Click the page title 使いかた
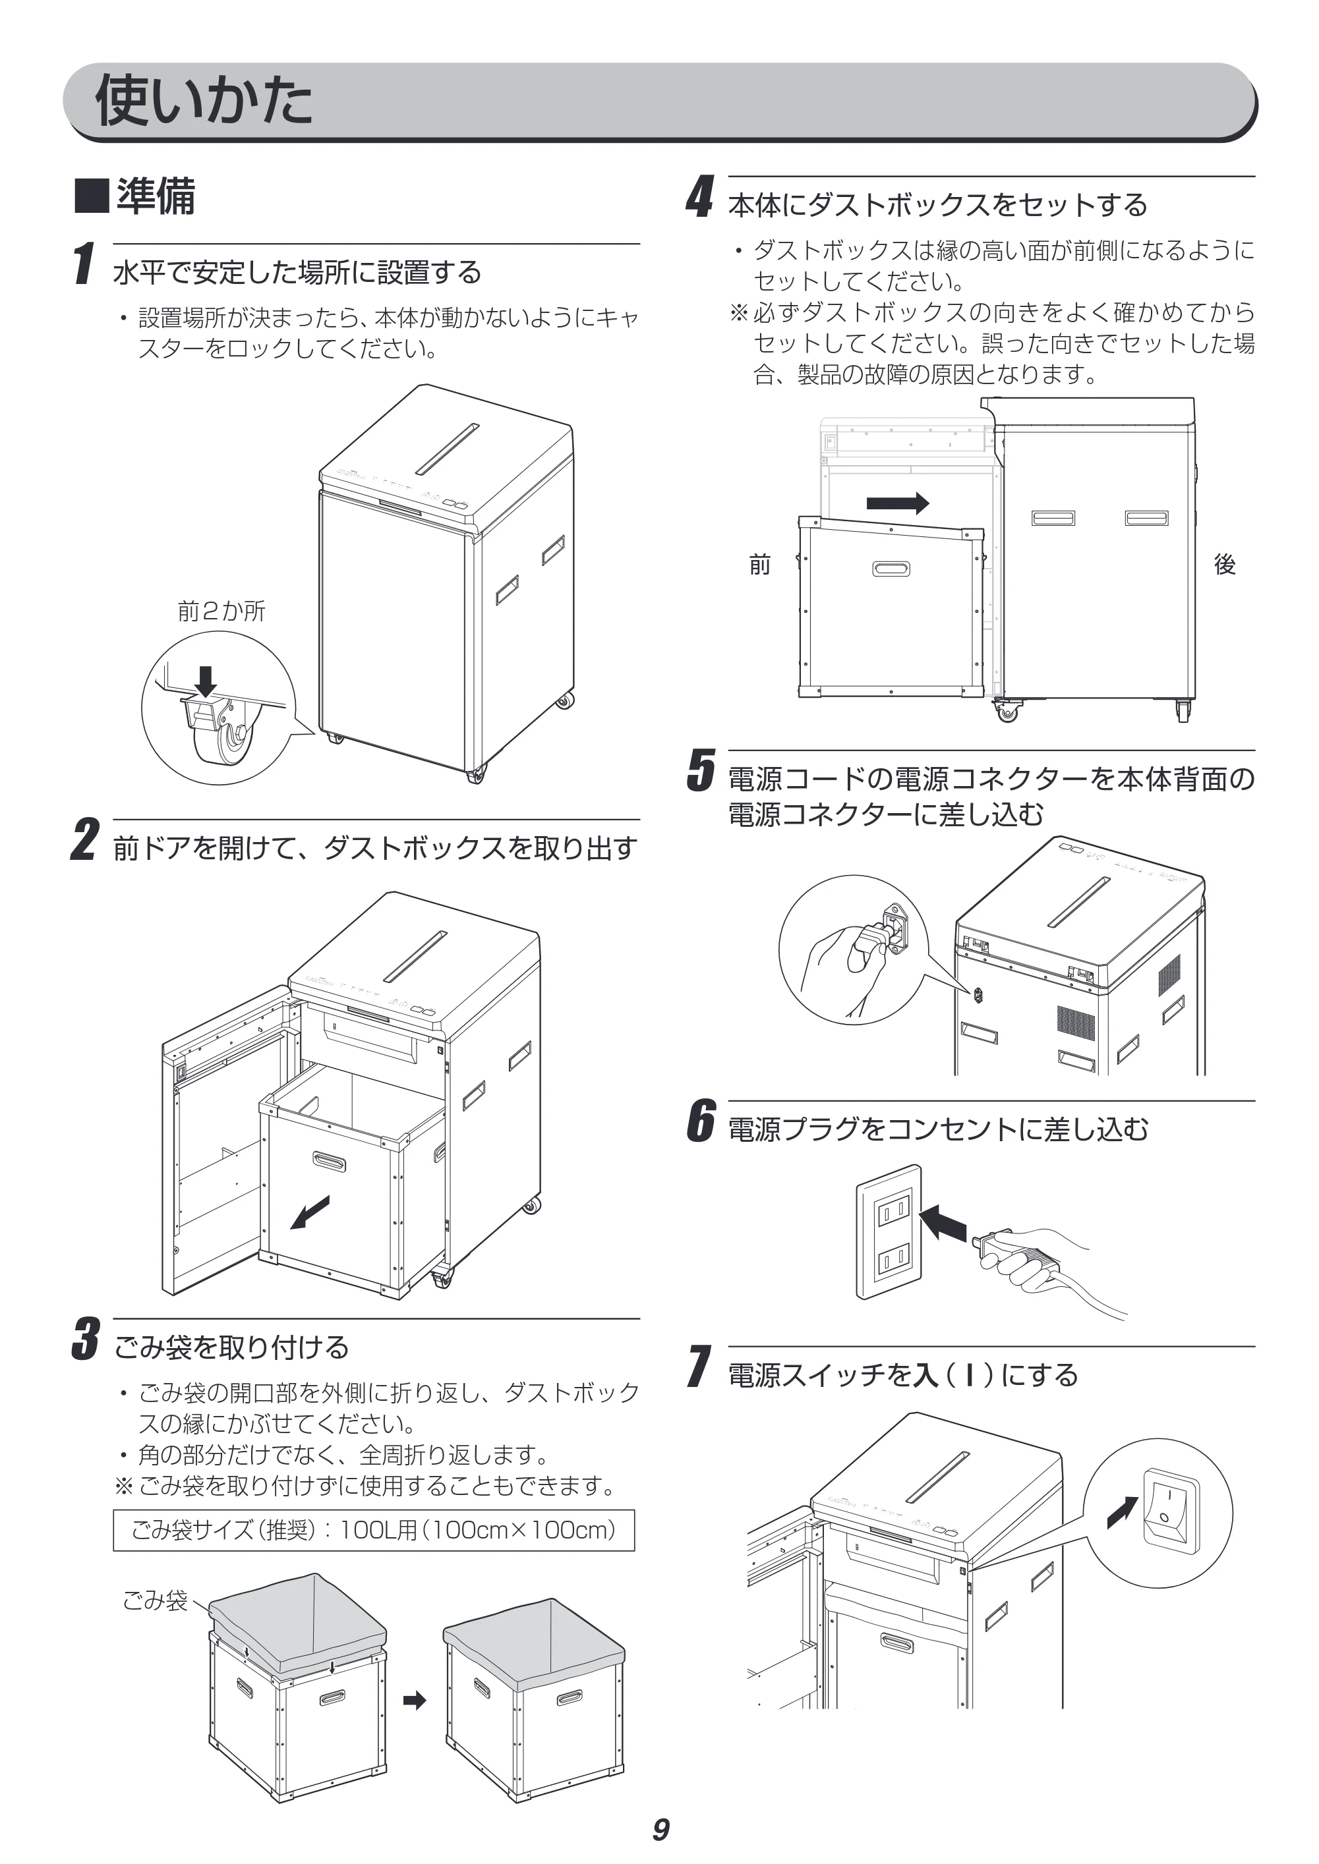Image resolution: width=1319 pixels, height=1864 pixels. tap(204, 100)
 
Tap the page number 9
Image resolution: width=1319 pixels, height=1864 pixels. tap(660, 1829)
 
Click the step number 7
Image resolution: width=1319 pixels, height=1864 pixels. tap(699, 1367)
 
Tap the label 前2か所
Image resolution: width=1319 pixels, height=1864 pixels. tap(221, 611)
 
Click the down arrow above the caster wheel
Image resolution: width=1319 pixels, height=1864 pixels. tap(206, 681)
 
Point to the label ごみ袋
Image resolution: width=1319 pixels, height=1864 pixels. tap(155, 1600)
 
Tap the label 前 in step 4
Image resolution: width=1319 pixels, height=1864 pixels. tap(760, 564)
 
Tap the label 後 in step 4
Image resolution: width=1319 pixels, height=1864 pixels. tap(1225, 564)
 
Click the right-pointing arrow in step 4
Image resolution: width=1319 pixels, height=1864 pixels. tap(898, 503)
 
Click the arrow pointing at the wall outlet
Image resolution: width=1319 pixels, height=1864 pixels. tap(945, 1223)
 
